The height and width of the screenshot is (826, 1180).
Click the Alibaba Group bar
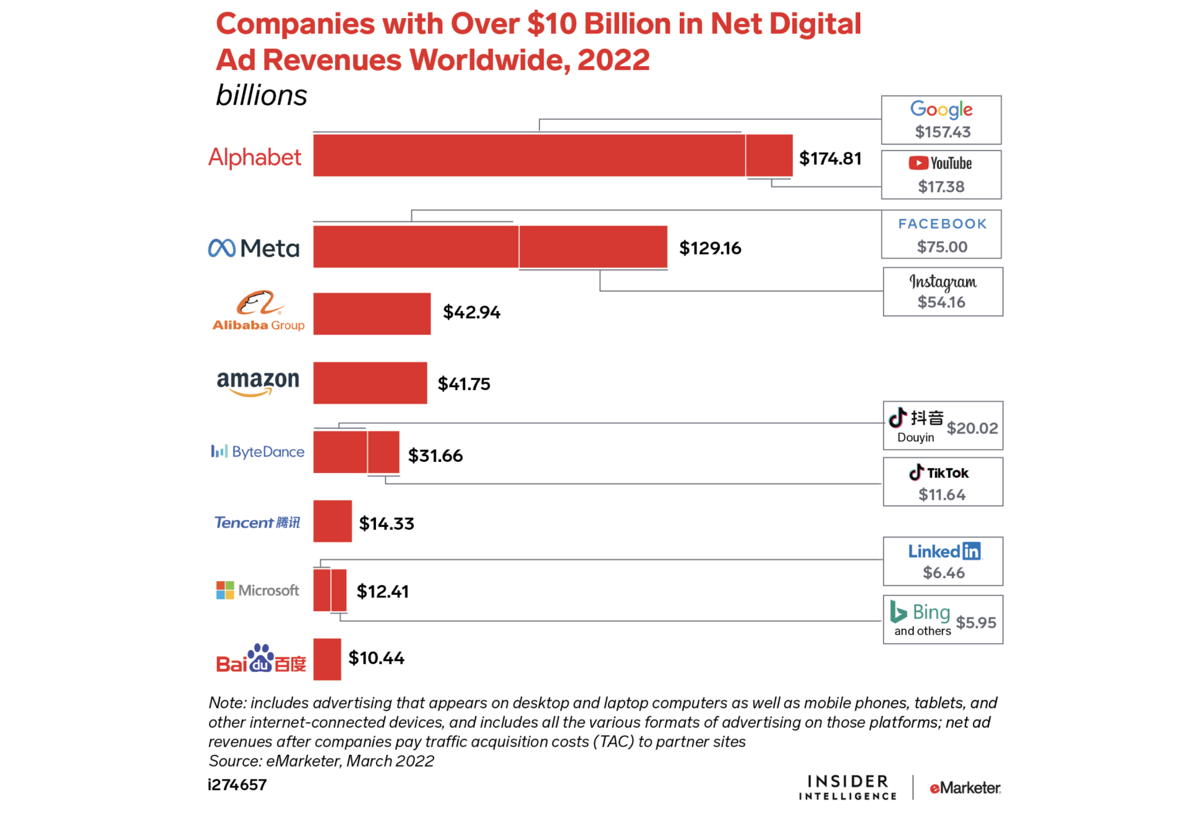tap(372, 313)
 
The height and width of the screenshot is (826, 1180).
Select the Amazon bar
tap(370, 383)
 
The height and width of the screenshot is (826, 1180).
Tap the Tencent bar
tap(332, 521)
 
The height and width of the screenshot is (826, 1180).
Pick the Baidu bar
tap(327, 659)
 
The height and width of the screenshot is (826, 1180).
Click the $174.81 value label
tap(830, 158)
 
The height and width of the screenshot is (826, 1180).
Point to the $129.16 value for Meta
tap(710, 248)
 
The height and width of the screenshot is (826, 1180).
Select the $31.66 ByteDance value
tap(435, 456)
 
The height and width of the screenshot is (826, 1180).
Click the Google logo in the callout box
tap(941, 109)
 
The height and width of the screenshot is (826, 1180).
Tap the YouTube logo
tap(940, 163)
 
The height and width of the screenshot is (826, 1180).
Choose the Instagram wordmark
tap(943, 282)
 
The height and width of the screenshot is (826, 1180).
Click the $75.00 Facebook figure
tap(942, 247)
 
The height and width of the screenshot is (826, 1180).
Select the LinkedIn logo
tap(944, 551)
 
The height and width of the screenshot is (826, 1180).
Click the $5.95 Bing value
tap(976, 623)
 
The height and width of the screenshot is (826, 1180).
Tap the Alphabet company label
tap(254, 157)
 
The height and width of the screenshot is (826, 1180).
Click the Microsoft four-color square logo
tap(224, 590)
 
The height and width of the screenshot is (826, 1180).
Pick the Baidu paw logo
tap(260, 658)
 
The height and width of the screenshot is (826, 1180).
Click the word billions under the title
tap(261, 95)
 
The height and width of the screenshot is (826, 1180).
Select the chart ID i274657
tap(237, 785)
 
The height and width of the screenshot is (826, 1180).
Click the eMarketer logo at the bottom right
tap(965, 788)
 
